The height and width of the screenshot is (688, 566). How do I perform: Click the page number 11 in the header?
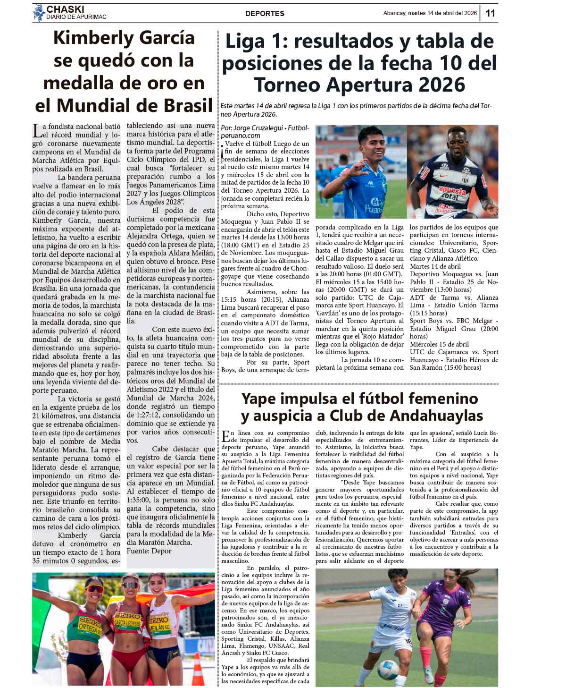coord(491,13)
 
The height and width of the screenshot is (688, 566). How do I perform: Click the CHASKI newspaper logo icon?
coord(39,13)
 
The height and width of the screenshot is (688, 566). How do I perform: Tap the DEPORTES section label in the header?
coord(265,13)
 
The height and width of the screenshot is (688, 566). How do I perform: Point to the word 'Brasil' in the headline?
coord(182,105)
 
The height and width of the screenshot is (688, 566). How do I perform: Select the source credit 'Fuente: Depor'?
coord(149,551)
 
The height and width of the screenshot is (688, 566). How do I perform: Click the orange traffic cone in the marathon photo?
coord(198,670)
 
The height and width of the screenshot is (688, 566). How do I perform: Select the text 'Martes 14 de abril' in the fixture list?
coord(435,266)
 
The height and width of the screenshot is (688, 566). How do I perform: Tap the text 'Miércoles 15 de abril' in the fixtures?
coord(439,344)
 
